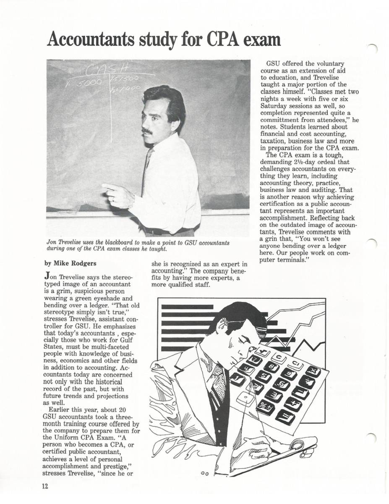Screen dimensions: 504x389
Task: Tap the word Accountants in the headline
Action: (x=90, y=40)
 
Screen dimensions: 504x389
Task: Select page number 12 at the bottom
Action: (x=45, y=486)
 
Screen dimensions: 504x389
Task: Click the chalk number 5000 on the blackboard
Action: (x=88, y=82)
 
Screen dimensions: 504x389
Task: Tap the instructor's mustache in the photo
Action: (x=147, y=131)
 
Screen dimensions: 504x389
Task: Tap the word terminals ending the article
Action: (x=290, y=260)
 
